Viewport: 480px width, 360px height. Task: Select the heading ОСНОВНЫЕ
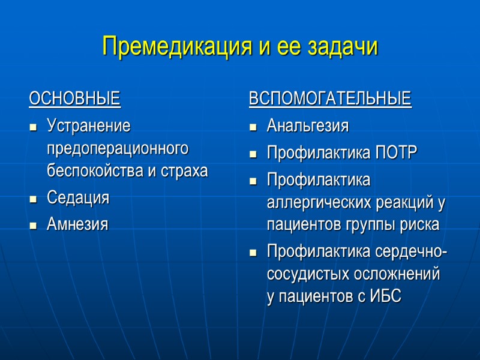pos(74,98)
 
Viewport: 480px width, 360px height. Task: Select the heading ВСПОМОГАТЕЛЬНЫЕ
pos(330,98)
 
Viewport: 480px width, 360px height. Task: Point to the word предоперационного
pos(117,149)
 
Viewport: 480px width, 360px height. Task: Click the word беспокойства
pos(95,170)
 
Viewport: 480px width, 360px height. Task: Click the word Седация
pos(78,198)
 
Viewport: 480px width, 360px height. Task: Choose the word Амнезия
pos(77,225)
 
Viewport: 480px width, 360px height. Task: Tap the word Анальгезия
pos(307,127)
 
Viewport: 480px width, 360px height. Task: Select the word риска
pos(419,224)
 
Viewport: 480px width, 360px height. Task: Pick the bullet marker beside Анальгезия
pos(253,128)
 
